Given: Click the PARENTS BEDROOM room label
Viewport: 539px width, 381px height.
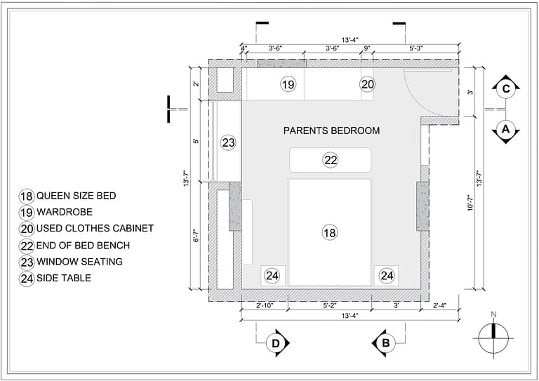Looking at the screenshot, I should pyautogui.click(x=331, y=131).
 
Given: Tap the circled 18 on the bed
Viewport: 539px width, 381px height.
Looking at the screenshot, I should pyautogui.click(x=330, y=232).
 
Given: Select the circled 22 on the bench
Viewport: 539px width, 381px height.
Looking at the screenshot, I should pyautogui.click(x=331, y=160).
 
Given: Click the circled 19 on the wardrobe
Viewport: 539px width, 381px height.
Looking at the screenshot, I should pyautogui.click(x=288, y=84).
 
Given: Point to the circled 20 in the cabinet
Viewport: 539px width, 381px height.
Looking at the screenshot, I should pyautogui.click(x=368, y=84).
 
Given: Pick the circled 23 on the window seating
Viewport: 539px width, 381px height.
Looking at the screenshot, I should pyautogui.click(x=228, y=143).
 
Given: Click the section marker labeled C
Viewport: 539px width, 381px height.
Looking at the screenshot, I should pyautogui.click(x=505, y=88).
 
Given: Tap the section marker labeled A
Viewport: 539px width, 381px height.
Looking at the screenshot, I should pyautogui.click(x=505, y=130).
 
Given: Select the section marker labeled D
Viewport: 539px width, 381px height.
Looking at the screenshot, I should pyautogui.click(x=277, y=342).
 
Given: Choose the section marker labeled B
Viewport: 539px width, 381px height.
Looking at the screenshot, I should pyautogui.click(x=385, y=342).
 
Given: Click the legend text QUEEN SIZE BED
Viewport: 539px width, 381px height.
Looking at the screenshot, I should pyautogui.click(x=76, y=196).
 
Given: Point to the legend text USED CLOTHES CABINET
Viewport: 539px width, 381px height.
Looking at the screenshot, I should pyautogui.click(x=95, y=229).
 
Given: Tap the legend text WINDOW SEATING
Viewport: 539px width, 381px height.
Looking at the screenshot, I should pyautogui.click(x=79, y=262).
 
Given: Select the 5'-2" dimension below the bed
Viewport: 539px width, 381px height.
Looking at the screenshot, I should pyautogui.click(x=329, y=305).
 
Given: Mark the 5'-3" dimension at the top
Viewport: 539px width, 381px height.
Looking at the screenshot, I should pyautogui.click(x=416, y=48).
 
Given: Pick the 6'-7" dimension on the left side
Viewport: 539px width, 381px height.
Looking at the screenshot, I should pyautogui.click(x=197, y=235).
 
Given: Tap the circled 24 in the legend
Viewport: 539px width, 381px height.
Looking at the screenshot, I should pyautogui.click(x=27, y=279).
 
